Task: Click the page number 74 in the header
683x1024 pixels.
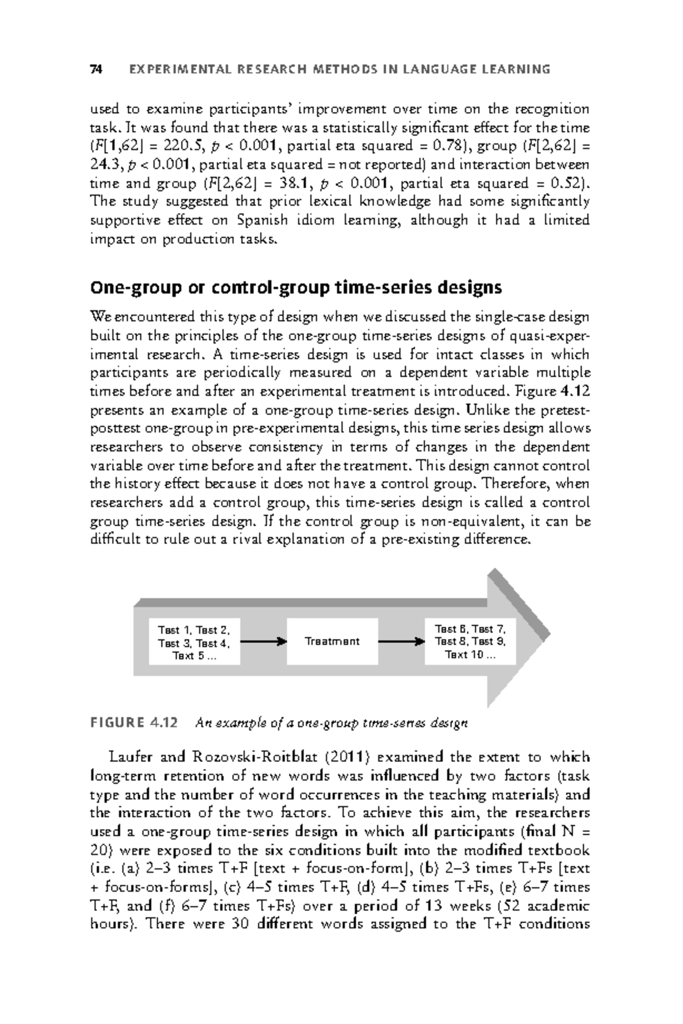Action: [96, 69]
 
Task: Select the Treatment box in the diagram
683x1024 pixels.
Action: [332, 641]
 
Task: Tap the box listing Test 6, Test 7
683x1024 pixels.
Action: [470, 642]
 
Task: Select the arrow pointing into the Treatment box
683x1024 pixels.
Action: [263, 642]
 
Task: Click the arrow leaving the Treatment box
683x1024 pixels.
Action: [401, 642]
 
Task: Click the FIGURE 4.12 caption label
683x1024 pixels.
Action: [134, 723]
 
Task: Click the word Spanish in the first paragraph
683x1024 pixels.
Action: [257, 221]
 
